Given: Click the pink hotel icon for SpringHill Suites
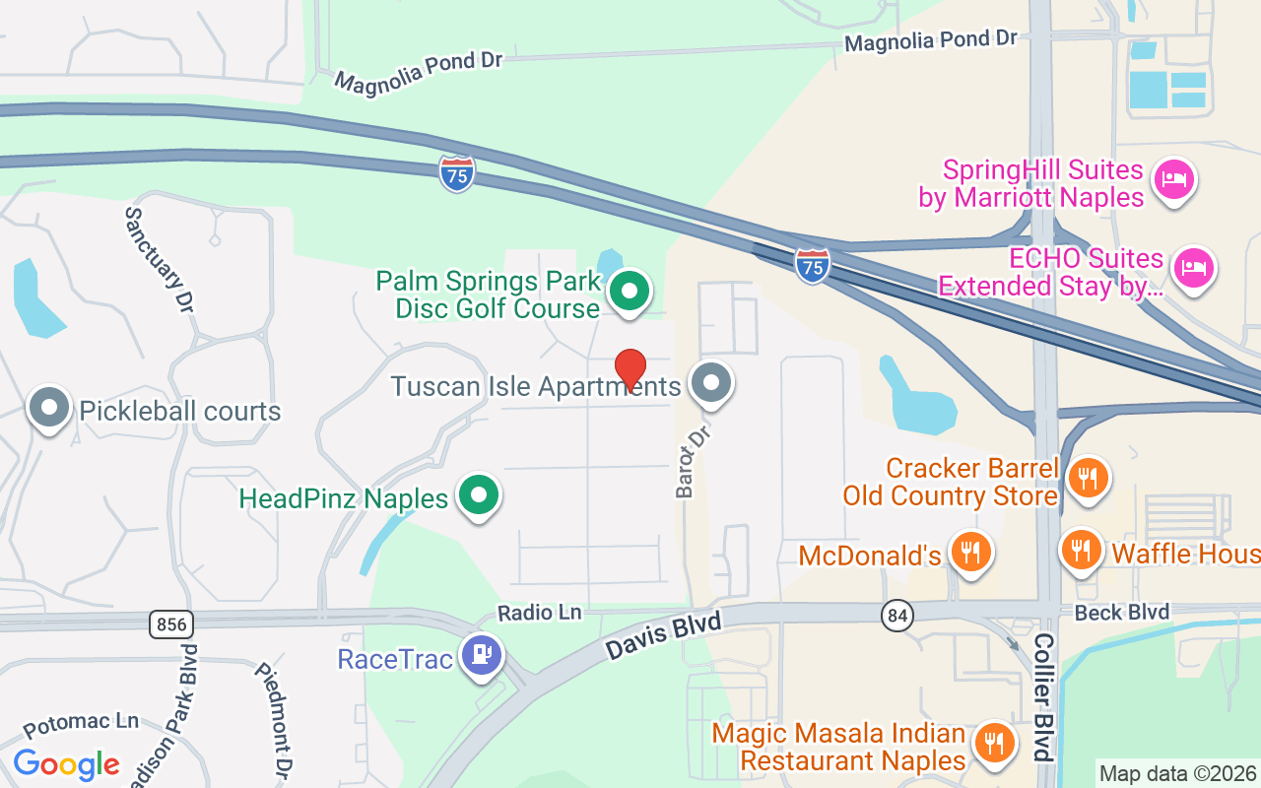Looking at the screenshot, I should pos(1173,179).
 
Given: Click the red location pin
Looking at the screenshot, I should pos(630,369).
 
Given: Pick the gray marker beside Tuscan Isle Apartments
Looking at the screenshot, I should pos(711,383).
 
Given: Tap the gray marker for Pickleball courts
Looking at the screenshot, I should pos(49,408).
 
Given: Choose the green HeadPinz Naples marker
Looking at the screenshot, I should pos(480,496).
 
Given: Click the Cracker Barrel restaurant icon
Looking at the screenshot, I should pos(1088,479).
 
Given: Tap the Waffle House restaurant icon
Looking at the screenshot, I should pos(1082,550).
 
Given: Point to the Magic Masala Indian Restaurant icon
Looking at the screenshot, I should pos(994,743).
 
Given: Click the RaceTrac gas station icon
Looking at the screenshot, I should pos(481,654).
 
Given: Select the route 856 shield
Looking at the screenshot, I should pos(171,624).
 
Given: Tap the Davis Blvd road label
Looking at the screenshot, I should pos(663,635).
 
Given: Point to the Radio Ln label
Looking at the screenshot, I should pos(539,613).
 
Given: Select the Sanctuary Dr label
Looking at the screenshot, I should pos(157,259).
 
